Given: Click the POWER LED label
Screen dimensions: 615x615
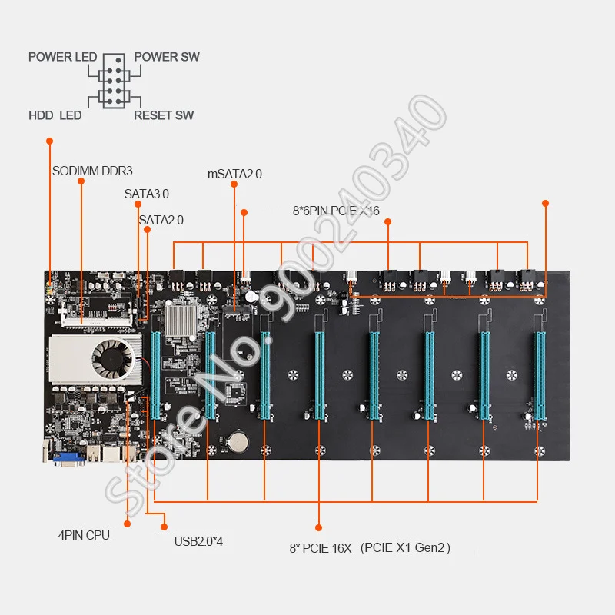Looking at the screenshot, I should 63,57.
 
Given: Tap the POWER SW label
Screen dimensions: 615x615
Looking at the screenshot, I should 167,57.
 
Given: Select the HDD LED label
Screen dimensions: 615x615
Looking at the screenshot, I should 55,115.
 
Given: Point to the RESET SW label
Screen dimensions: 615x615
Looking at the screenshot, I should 164,115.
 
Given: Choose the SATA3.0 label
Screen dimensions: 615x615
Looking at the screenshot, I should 146,194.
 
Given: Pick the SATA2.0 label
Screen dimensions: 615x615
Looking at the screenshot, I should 161,220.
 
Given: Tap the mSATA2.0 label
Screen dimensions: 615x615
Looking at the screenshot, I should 234,174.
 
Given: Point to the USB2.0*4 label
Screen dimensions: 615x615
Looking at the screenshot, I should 198,542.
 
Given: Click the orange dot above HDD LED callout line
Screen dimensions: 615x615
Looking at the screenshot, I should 50,141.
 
